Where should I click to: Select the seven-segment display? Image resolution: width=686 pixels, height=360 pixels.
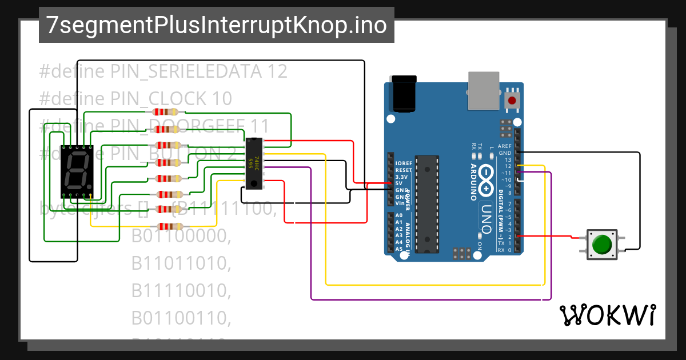click(77, 171)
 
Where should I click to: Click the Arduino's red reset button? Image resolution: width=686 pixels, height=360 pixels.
click(512, 101)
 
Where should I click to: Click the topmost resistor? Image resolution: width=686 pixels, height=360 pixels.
click(167, 113)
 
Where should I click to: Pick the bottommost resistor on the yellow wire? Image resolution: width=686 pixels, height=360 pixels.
click(167, 226)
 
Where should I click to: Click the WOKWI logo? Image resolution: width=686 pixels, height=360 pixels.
click(608, 315)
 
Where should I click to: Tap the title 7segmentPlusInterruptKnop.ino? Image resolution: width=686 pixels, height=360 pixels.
click(216, 26)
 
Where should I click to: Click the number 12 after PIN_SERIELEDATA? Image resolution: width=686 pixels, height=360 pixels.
click(277, 71)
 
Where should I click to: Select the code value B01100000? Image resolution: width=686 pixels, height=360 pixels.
click(181, 236)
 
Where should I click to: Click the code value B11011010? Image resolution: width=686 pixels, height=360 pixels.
click(181, 263)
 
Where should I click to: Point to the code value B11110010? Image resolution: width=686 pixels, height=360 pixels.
click(181, 291)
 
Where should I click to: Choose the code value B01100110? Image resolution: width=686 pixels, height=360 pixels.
click(181, 318)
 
